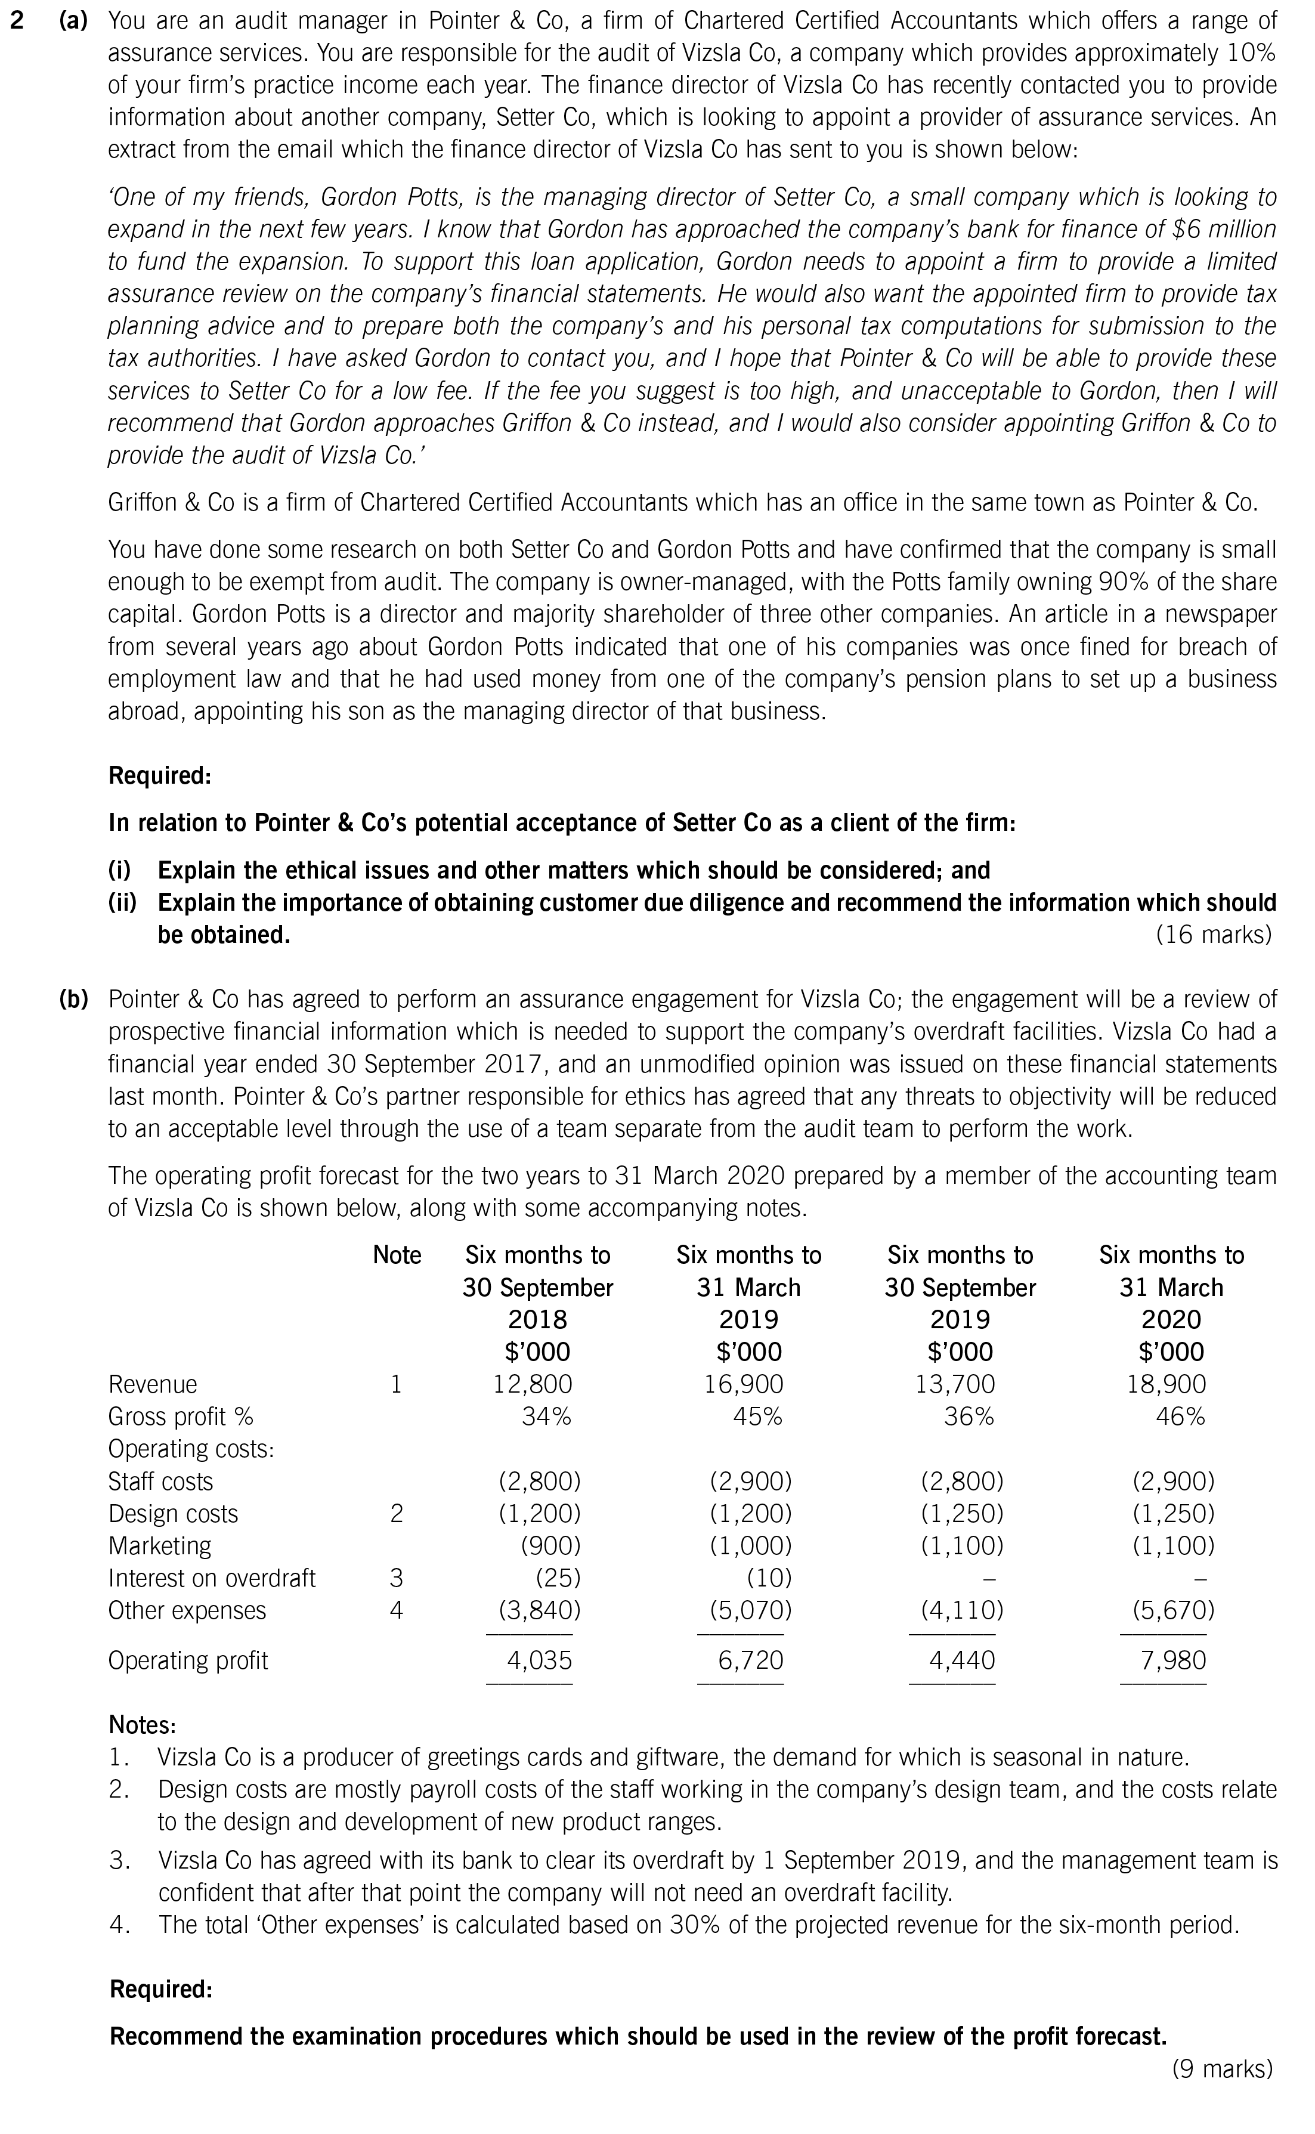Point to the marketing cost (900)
click(550, 1545)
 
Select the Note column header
click(397, 1255)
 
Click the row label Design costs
click(172, 1513)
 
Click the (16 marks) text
click(1213, 934)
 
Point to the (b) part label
click(73, 998)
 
